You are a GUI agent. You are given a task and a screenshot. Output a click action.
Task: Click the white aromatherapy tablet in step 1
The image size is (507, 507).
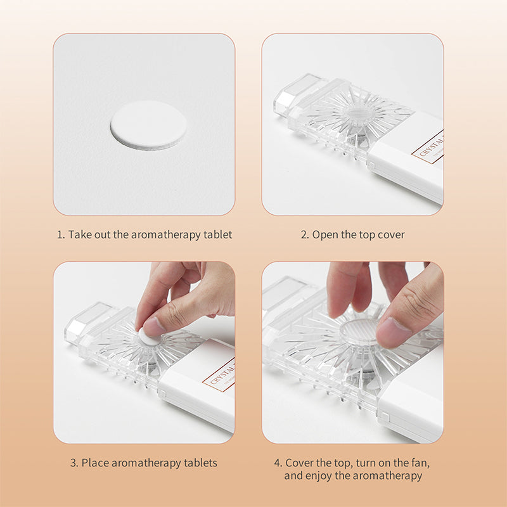tap(148, 125)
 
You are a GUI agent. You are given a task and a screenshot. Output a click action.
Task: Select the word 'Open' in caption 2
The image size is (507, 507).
tap(325, 235)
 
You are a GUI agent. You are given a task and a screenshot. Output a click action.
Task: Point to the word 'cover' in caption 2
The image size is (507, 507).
tap(391, 235)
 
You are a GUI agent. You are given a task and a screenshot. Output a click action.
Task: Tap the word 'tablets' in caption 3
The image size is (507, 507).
tap(200, 463)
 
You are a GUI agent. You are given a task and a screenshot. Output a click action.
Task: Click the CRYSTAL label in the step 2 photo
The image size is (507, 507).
tap(428, 147)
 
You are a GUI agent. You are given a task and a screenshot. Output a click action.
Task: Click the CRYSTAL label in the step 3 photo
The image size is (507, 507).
tap(219, 375)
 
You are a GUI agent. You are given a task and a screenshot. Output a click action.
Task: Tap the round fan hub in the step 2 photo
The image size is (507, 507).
tap(359, 113)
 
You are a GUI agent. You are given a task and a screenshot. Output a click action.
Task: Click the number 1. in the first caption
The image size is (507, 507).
tap(61, 234)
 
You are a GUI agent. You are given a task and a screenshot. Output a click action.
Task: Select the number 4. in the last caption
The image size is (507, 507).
tap(278, 463)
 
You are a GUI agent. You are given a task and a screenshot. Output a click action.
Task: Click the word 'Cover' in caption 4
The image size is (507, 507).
tap(299, 463)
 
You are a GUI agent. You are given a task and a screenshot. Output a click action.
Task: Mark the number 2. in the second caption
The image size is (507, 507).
tap(305, 235)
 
